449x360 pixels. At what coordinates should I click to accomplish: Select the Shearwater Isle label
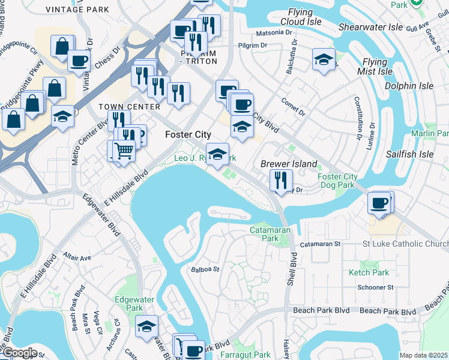tap(370, 28)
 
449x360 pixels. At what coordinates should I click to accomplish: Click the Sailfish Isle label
tap(410, 154)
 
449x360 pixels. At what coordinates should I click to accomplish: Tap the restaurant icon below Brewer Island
tap(280, 179)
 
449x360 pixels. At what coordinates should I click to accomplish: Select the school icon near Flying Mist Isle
tap(324, 59)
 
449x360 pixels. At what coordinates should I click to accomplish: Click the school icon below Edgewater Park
tap(146, 326)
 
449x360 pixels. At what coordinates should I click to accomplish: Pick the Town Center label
tap(130, 107)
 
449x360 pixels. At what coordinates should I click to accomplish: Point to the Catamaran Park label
tap(264, 233)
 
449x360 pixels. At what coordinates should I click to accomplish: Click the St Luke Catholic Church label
tap(405, 244)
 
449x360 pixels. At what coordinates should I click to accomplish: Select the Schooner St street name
tap(375, 287)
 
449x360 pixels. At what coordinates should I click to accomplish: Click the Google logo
tap(19, 353)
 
